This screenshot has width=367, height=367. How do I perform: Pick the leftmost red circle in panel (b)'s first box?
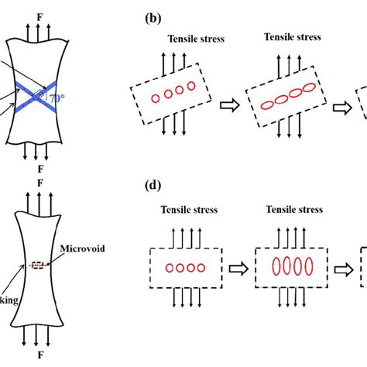pos(155,98)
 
